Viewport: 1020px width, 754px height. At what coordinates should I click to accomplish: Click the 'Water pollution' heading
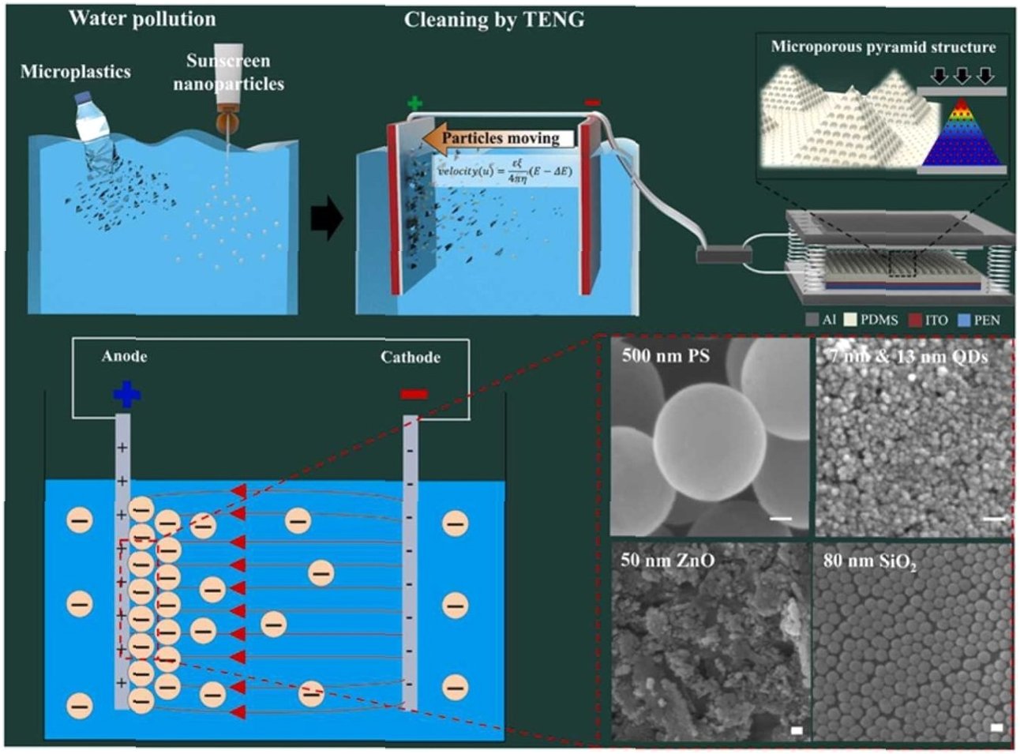142,18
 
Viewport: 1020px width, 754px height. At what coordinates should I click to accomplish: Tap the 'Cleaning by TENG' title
494,20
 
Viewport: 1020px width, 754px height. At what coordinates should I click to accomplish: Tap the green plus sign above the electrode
414,103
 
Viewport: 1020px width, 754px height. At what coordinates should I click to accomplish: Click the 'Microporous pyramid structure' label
883,47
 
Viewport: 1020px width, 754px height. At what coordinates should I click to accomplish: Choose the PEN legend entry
978,320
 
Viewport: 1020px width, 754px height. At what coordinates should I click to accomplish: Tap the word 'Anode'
124,356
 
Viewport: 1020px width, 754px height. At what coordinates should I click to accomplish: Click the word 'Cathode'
410,357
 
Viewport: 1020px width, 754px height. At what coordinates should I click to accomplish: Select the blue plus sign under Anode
126,393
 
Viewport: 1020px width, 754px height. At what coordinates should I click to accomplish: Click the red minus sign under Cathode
414,393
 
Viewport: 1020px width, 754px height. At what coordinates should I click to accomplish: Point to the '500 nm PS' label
666,355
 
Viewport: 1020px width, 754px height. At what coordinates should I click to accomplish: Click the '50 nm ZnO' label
667,561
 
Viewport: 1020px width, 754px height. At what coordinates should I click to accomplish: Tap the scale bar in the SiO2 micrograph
996,726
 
